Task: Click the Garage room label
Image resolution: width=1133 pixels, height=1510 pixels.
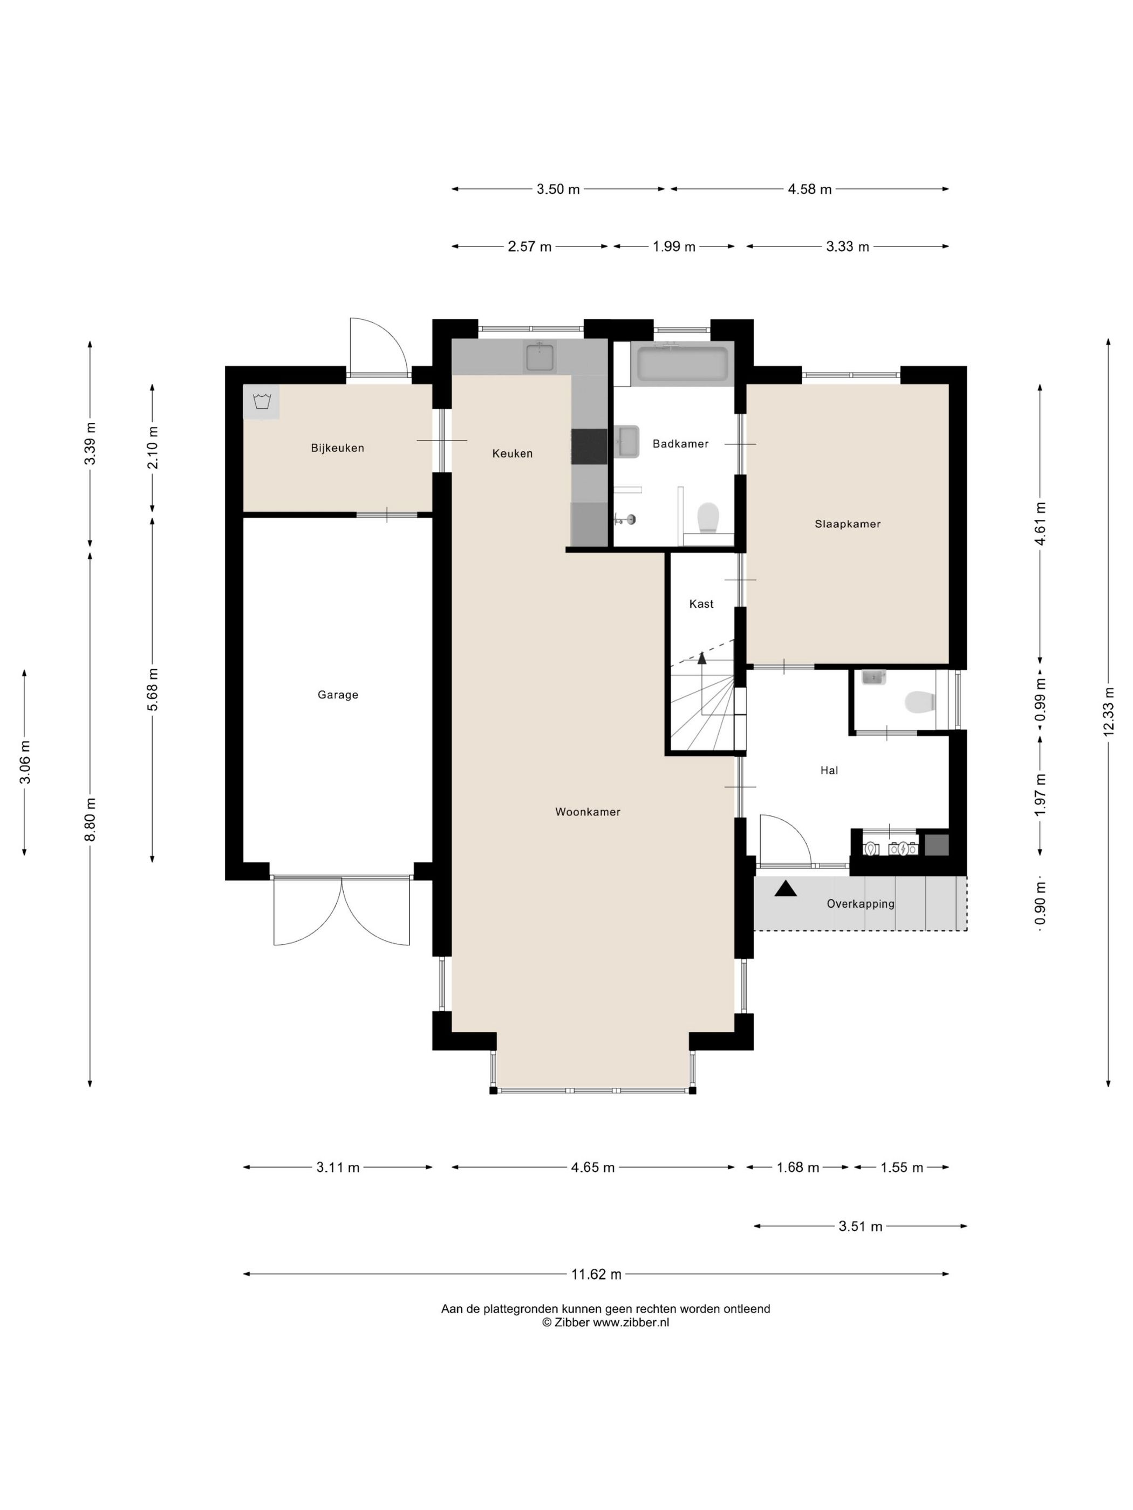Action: coord(337,695)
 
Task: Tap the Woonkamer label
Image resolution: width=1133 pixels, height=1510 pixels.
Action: coord(588,812)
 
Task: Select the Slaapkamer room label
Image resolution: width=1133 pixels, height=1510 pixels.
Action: coord(848,524)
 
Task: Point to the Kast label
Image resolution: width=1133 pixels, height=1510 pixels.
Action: coord(701,603)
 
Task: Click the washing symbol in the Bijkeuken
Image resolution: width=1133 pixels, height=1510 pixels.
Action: coord(262,401)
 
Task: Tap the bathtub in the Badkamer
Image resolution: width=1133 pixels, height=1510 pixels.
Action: coord(682,365)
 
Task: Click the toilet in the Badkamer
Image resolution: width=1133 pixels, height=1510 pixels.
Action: coord(707,517)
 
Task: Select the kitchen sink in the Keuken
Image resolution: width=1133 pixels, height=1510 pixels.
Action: coord(540,357)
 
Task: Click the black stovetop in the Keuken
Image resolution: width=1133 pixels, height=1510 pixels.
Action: coord(589,447)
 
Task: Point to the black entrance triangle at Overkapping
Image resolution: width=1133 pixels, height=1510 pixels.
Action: coord(786,888)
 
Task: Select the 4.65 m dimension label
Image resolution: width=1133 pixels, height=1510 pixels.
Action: coord(593,1168)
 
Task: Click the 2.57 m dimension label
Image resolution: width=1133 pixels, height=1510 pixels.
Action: coord(529,246)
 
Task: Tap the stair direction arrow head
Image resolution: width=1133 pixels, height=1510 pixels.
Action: coord(701,657)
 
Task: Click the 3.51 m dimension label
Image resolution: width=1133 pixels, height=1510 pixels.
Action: coord(861,1227)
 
